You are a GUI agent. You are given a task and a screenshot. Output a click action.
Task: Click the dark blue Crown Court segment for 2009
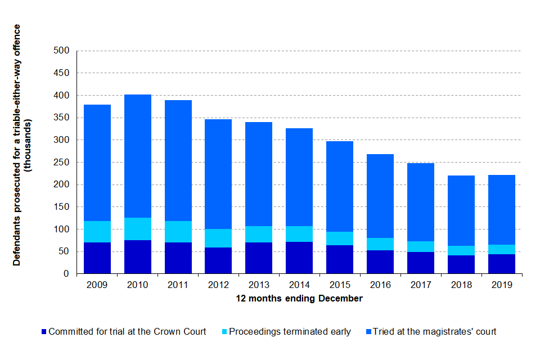(x=97, y=258)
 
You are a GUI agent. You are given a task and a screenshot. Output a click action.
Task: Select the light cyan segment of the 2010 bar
(x=138, y=229)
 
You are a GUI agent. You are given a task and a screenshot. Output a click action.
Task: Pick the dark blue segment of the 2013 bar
(x=259, y=258)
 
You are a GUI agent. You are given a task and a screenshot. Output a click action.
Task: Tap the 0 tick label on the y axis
(x=66, y=274)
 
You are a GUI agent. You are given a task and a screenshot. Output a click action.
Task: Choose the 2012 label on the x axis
(x=218, y=285)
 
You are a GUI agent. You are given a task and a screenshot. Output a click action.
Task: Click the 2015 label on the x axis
(x=340, y=285)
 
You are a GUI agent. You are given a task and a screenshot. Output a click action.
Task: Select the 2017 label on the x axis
(x=421, y=285)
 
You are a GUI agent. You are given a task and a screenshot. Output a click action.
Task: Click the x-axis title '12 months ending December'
(x=299, y=299)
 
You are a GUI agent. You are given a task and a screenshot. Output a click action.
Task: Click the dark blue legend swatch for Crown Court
(x=44, y=332)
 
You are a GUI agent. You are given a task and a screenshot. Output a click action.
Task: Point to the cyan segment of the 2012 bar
(x=218, y=238)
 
